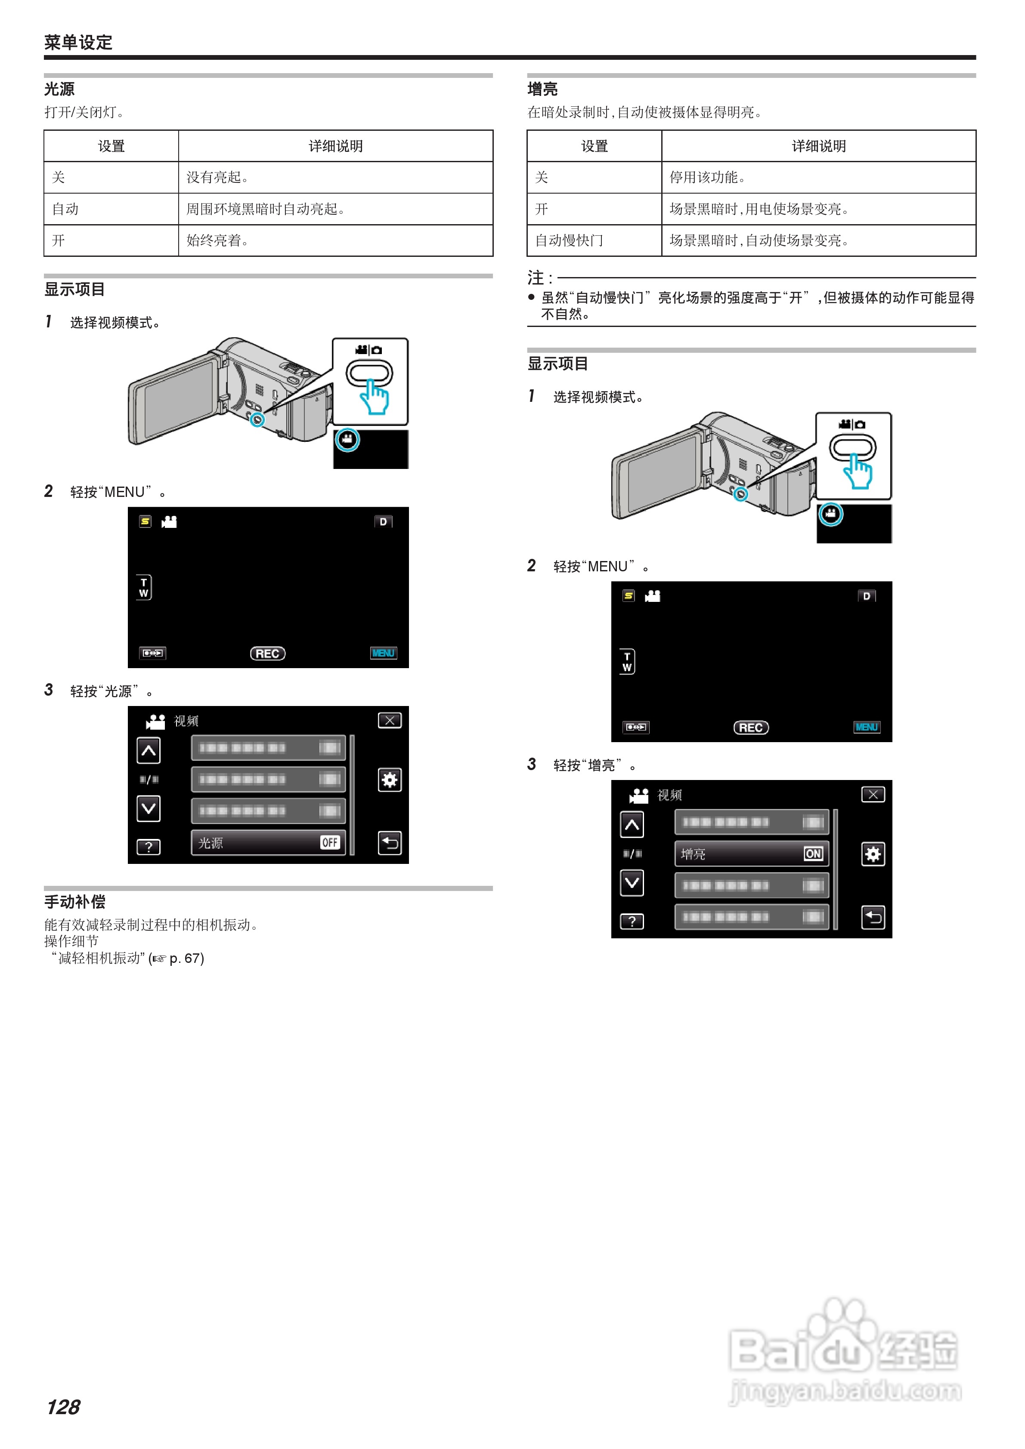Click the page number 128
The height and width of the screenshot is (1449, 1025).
pos(63,1407)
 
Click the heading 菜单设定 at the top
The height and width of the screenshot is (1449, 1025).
pos(78,42)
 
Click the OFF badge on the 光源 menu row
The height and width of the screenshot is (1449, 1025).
pos(330,842)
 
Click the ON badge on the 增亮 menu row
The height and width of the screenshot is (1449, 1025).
pos(813,854)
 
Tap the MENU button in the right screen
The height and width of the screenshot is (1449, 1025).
pos(867,727)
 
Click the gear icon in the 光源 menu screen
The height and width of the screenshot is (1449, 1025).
pos(390,780)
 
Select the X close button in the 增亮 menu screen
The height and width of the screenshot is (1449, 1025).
pos(873,795)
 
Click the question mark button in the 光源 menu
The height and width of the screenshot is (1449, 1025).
pos(149,847)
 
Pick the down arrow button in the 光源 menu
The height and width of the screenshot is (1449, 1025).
pos(149,808)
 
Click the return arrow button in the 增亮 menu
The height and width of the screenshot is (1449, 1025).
pos(873,917)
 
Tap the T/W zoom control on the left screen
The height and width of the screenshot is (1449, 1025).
pos(144,588)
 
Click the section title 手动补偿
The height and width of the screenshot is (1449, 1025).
pos(74,901)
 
